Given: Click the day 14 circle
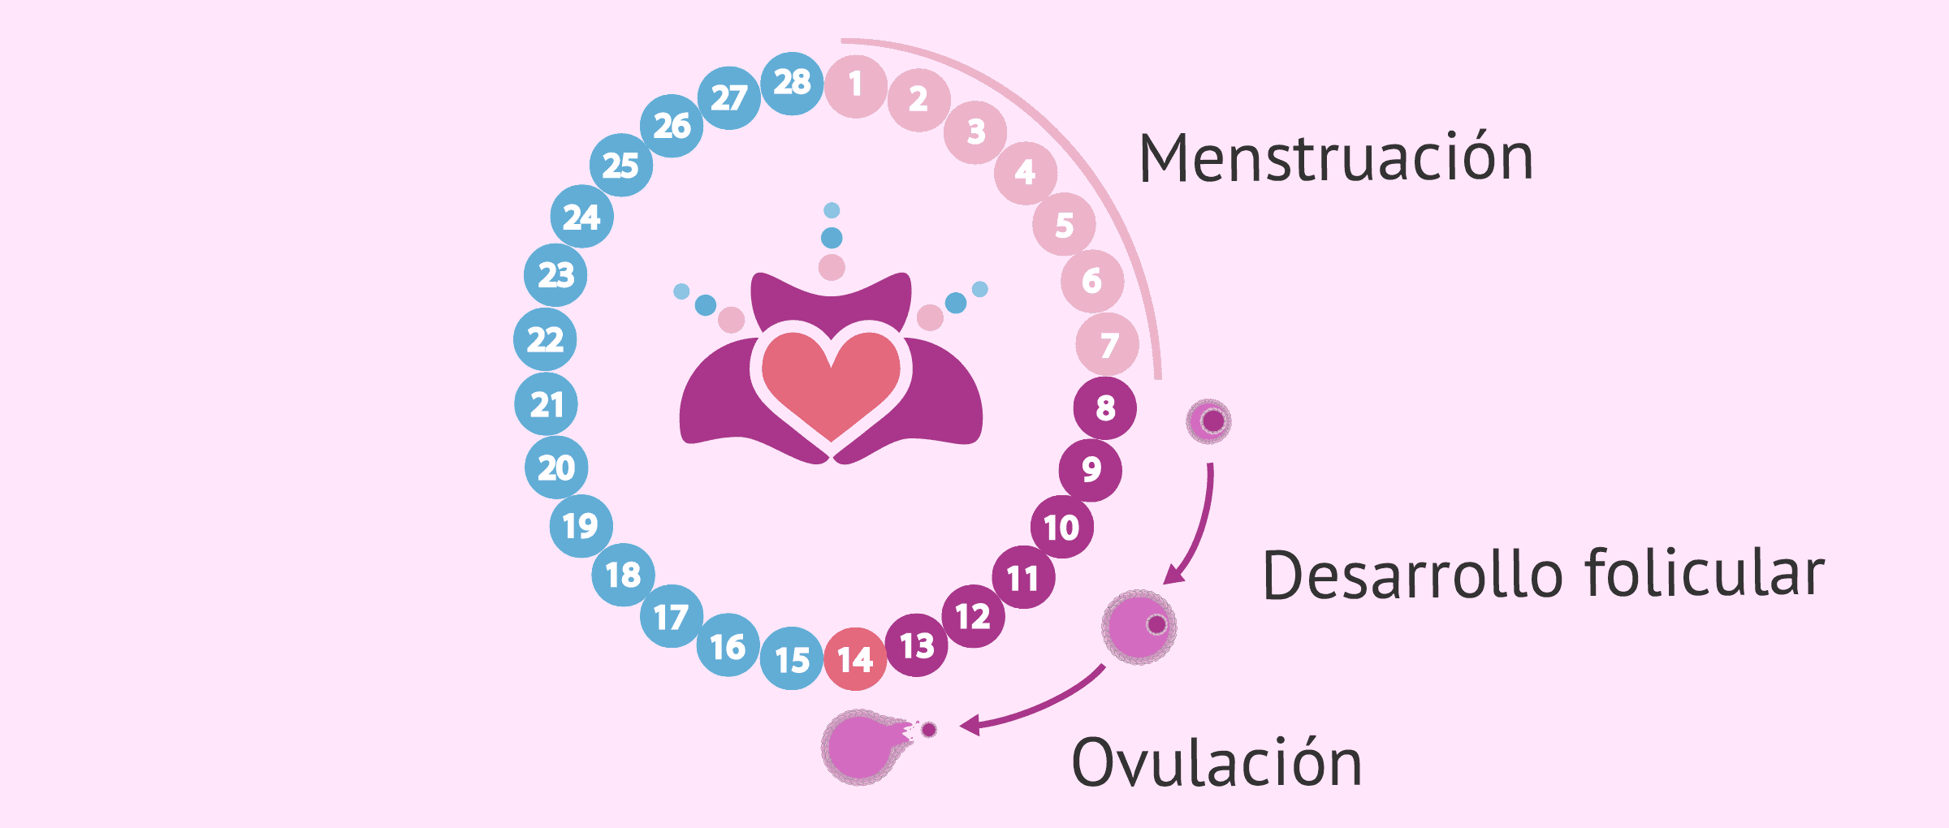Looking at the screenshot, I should (x=855, y=659).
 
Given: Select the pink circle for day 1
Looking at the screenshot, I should (x=855, y=86).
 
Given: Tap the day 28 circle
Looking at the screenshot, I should (x=792, y=83).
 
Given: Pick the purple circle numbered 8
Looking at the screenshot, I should (x=1104, y=408).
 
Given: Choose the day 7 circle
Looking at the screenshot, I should (x=1108, y=344).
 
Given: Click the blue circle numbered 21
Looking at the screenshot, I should (x=546, y=404).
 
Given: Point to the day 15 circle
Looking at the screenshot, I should (x=792, y=658).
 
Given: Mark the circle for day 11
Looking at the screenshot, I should (x=1023, y=577).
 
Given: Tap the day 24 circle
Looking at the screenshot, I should (x=581, y=216).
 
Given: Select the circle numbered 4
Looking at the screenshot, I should (x=1026, y=171).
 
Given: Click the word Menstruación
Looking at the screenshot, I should (x=1336, y=157).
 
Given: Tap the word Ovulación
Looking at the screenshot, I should (x=1217, y=763).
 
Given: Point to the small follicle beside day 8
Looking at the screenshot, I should (x=1208, y=421).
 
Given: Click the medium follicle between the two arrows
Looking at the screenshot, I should (x=1139, y=627).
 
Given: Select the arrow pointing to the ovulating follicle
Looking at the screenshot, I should (x=1031, y=704).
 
